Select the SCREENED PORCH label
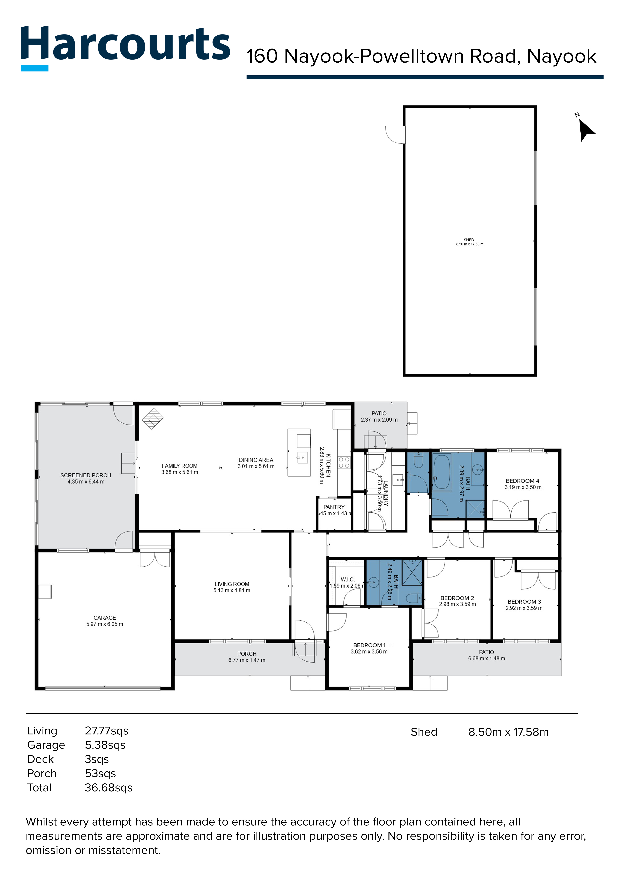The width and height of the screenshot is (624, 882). tap(86, 475)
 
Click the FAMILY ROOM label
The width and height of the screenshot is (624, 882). tap(179, 466)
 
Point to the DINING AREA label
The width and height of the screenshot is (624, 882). tap(256, 460)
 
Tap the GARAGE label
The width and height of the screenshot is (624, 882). tap(105, 618)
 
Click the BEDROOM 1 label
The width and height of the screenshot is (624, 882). tap(369, 645)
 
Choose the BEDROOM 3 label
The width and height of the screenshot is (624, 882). tap(524, 602)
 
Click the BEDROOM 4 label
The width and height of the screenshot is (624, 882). tap(523, 481)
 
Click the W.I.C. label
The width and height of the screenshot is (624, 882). tap(347, 579)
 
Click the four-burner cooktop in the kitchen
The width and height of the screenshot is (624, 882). tap(344, 463)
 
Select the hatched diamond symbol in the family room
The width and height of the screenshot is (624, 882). tap(153, 418)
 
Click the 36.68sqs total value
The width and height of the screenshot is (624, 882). tap(108, 787)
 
